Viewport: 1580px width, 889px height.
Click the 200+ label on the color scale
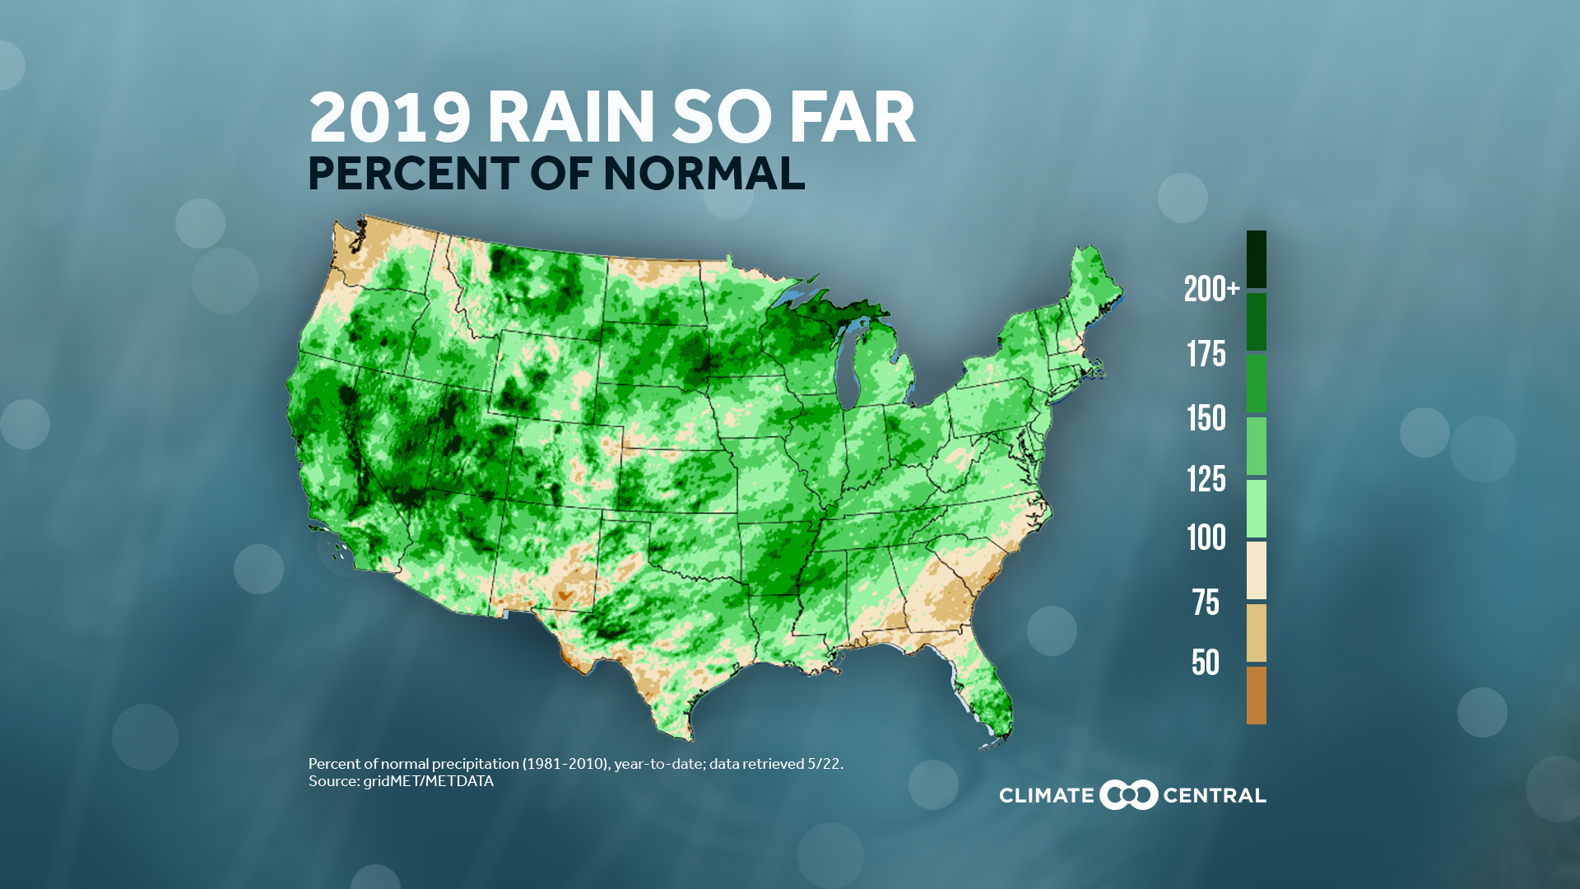pyautogui.click(x=1211, y=289)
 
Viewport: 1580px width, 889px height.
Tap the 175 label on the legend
pyautogui.click(x=1206, y=354)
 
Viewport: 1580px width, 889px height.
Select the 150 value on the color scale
pyautogui.click(x=1206, y=418)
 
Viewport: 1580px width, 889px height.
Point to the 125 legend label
pyautogui.click(x=1206, y=479)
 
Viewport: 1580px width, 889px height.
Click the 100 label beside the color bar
pyautogui.click(x=1206, y=538)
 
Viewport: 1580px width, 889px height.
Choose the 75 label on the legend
pyautogui.click(x=1206, y=603)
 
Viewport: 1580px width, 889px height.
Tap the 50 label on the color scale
pyautogui.click(x=1206, y=663)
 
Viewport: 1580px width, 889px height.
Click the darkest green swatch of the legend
pyautogui.click(x=1256, y=258)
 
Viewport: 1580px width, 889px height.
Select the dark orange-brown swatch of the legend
pyautogui.click(x=1256, y=696)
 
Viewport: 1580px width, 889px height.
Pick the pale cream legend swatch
pyautogui.click(x=1256, y=570)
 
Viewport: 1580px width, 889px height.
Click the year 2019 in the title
pyautogui.click(x=389, y=118)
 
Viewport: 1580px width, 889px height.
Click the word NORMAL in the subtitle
pyautogui.click(x=704, y=174)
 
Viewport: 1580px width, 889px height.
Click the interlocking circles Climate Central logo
pyautogui.click(x=1128, y=795)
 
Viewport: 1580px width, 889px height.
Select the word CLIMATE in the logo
pyautogui.click(x=1046, y=796)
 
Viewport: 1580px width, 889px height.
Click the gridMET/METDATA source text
pyautogui.click(x=428, y=781)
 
